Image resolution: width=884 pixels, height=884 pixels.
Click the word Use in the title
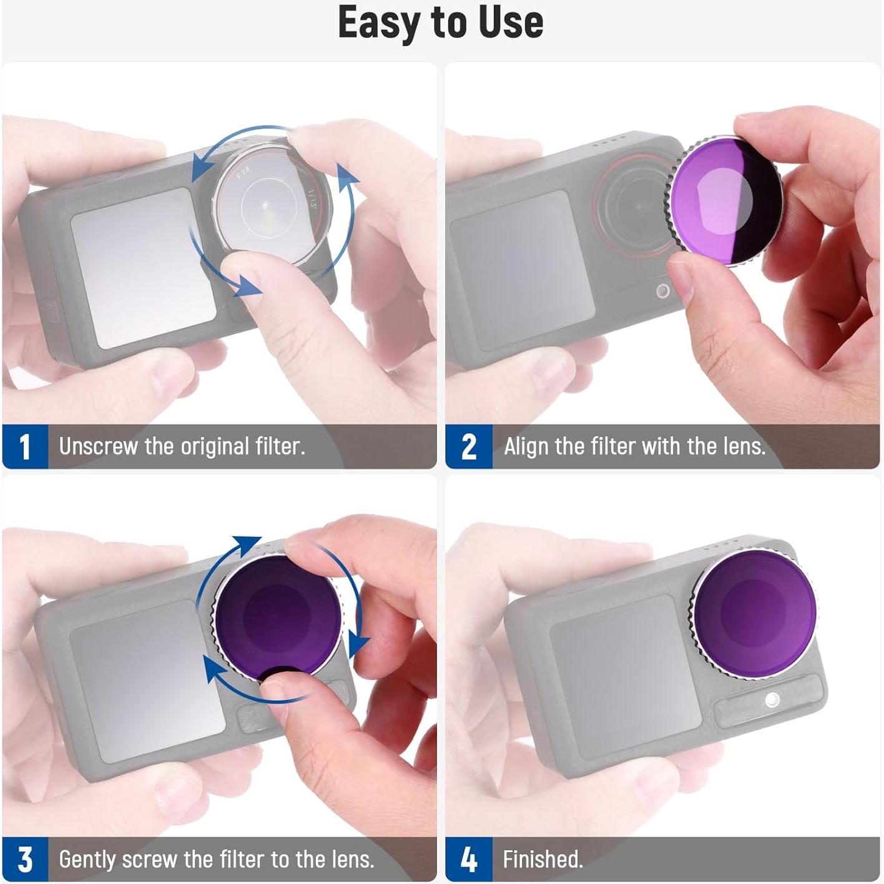[511, 23]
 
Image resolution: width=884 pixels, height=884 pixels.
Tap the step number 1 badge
[25, 447]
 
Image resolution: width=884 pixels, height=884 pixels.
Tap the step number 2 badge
[469, 447]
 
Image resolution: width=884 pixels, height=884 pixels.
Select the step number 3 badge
[25, 860]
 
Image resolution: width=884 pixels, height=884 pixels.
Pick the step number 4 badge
[469, 860]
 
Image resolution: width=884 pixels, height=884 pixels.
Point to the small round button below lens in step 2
[663, 290]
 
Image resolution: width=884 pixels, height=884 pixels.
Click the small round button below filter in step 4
[772, 699]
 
